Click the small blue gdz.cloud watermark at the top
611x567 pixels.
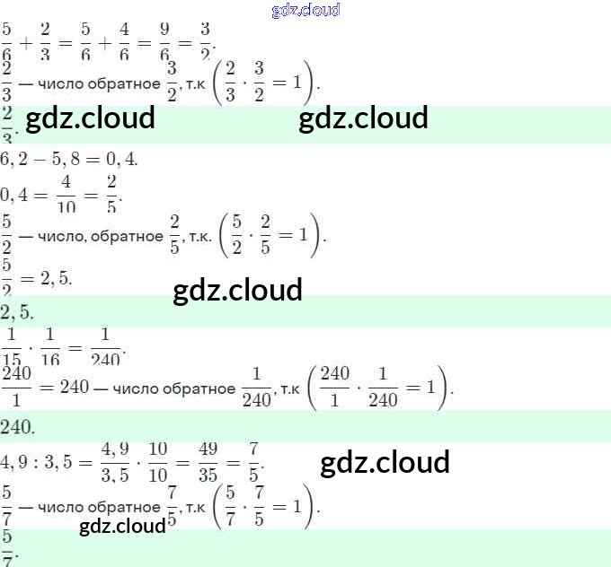click(x=305, y=10)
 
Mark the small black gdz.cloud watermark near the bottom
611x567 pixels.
click(x=122, y=527)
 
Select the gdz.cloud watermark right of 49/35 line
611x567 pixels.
click(x=385, y=463)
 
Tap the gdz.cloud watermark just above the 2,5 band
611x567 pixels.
click(x=237, y=291)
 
